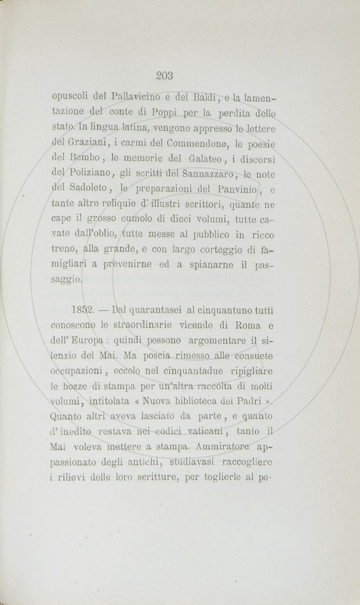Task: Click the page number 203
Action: coord(165,74)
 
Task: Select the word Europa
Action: coord(91,341)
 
